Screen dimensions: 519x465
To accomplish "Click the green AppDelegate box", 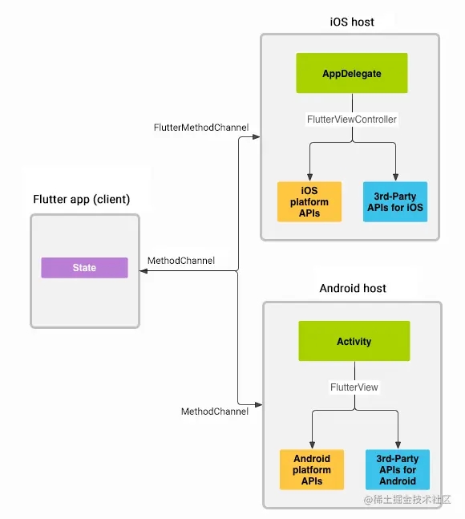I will tap(352, 74).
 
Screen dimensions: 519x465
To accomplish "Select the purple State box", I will tap(84, 268).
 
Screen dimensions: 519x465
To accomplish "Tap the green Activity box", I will tap(354, 341).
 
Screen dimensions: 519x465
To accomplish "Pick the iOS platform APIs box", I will tap(309, 201).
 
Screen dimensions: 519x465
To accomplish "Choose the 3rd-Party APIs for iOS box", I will tap(395, 201).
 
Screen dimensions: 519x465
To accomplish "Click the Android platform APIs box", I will tap(312, 469).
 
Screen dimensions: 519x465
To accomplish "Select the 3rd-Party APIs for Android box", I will tap(398, 469).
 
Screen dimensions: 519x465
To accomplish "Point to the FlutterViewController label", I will tap(352, 120).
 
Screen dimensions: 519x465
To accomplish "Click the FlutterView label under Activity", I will tap(354, 387).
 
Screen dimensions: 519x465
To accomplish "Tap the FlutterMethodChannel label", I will tap(201, 128).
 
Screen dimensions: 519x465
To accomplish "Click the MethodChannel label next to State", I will tap(181, 261).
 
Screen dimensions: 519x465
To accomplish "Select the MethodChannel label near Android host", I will tap(215, 412).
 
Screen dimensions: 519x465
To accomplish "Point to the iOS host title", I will tap(351, 22).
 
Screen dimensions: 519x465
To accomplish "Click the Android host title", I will tap(353, 288).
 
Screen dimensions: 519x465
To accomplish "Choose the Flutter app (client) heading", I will tap(81, 199).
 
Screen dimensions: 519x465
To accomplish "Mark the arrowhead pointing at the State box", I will tap(144, 272).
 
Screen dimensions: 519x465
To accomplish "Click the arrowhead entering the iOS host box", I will tap(257, 137).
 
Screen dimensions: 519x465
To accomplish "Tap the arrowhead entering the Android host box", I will tap(258, 403).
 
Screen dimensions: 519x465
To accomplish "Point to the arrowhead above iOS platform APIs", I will tap(310, 177).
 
